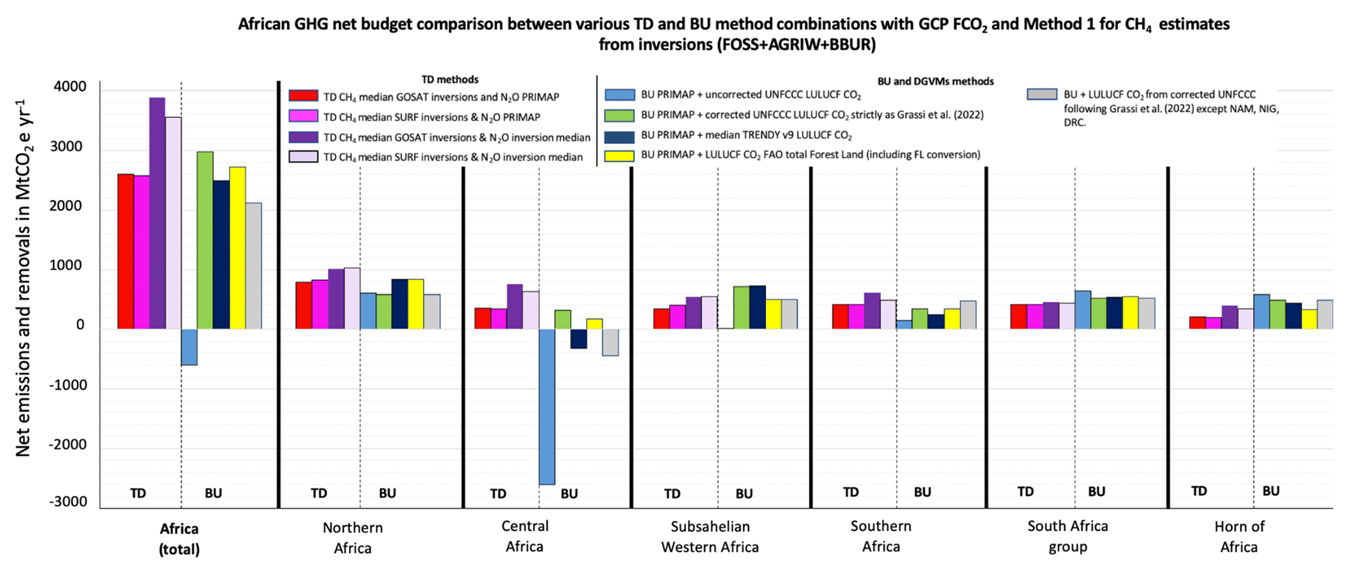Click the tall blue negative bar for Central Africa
(x=547, y=406)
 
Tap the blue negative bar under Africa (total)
(x=189, y=347)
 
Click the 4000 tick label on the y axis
(x=68, y=87)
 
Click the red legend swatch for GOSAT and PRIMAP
(x=303, y=96)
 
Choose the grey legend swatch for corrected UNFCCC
(x=1041, y=95)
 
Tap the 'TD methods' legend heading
(x=450, y=79)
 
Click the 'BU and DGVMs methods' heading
(x=935, y=81)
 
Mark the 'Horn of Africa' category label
(x=1239, y=536)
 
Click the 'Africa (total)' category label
(x=179, y=538)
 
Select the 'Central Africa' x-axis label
(x=524, y=536)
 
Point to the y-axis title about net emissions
(x=23, y=278)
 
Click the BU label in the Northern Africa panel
(x=387, y=493)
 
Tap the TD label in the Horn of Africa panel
(x=1199, y=491)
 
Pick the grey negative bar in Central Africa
(x=610, y=342)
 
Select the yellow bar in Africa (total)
(x=237, y=248)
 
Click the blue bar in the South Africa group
(x=1082, y=310)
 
